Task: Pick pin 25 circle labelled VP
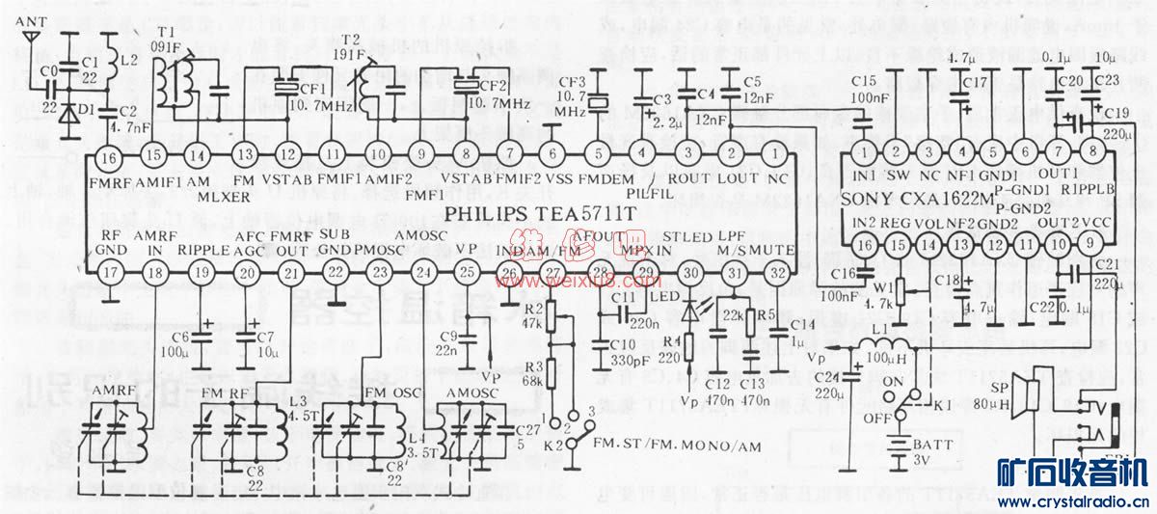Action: tap(467, 274)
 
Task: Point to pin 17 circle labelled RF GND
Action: tap(110, 274)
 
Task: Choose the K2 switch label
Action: tap(552, 446)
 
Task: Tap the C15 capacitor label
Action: tap(863, 82)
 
